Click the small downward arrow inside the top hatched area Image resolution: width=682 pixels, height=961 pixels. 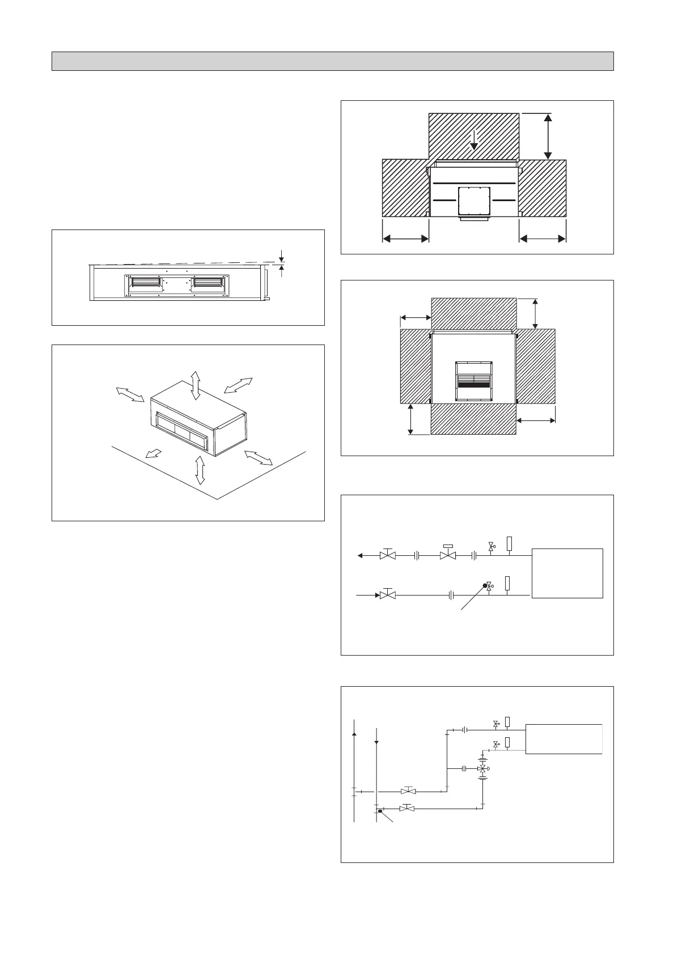pyautogui.click(x=474, y=138)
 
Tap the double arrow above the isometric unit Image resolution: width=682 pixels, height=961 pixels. pyautogui.click(x=196, y=385)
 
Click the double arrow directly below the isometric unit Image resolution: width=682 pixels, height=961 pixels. pyautogui.click(x=200, y=470)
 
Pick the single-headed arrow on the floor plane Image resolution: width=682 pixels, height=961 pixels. pyautogui.click(x=153, y=453)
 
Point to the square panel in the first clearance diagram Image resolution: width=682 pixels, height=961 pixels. pyautogui.click(x=473, y=201)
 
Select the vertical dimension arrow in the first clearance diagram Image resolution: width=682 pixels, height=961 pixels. pyautogui.click(x=548, y=136)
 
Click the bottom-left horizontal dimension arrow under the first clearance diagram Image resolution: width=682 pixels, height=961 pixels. pyautogui.click(x=405, y=239)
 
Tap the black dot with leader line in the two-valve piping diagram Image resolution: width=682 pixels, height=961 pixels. pyautogui.click(x=485, y=586)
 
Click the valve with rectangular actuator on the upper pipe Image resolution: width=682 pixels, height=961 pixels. pyautogui.click(x=448, y=555)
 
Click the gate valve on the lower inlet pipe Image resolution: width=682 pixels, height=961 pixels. pyautogui.click(x=388, y=596)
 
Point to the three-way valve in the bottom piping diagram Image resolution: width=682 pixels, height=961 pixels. pyautogui.click(x=482, y=769)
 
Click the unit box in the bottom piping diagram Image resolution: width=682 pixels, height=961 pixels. pyautogui.click(x=564, y=738)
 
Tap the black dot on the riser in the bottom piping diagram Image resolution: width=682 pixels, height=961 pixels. pyautogui.click(x=380, y=811)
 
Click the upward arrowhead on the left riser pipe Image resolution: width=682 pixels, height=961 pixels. pyautogui.click(x=354, y=734)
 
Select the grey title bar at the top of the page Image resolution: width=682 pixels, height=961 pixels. pyautogui.click(x=333, y=61)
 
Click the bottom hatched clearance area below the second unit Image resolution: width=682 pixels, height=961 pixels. pyautogui.click(x=473, y=419)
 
